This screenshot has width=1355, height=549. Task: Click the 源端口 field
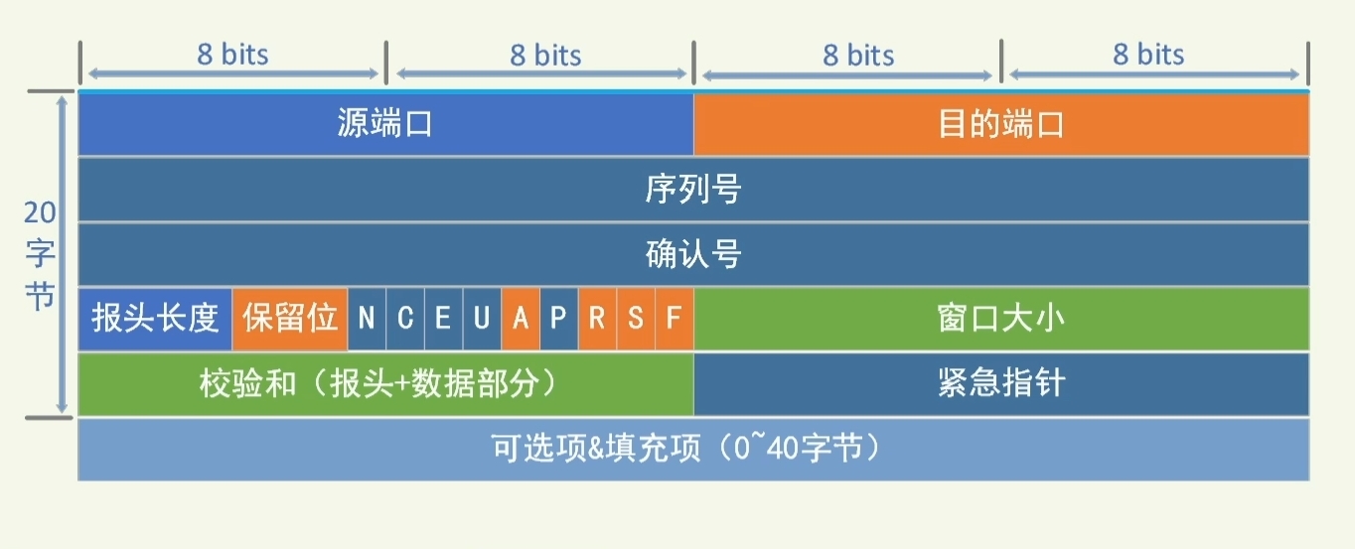385,124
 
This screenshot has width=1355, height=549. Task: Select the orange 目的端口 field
1001,124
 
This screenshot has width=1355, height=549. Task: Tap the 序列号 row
693,189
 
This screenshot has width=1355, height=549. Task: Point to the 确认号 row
693,254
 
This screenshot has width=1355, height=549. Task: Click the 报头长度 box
155,319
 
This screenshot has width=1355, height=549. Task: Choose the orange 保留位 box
290,319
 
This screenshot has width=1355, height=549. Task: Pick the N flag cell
367,319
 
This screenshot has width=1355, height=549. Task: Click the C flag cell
405,319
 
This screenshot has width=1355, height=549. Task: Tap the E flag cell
443,319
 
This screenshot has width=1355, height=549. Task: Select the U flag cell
482,319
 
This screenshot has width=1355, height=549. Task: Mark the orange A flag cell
521,319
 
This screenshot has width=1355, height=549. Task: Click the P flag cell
558,319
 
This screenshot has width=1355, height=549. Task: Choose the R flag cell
597,319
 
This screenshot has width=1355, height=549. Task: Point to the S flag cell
636,319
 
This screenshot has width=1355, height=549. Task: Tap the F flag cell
675,319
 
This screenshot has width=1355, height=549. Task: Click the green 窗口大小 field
1001,319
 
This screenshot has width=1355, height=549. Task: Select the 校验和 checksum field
385,383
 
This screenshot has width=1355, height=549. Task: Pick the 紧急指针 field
1001,383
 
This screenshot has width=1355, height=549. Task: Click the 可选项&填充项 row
693,449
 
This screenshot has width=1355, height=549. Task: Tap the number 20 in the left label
40,213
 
